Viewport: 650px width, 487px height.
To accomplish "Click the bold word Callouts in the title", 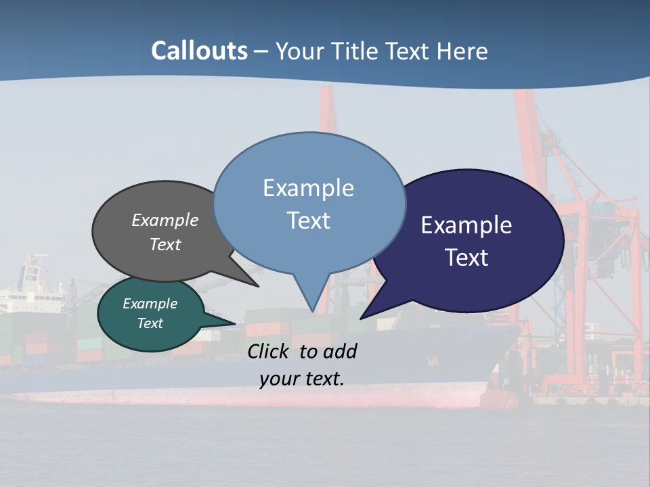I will (x=199, y=51).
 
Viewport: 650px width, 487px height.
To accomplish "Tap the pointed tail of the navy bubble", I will (x=364, y=316).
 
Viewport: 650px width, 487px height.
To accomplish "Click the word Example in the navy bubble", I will (x=467, y=225).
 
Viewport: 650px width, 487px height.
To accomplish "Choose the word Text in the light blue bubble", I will (x=309, y=221).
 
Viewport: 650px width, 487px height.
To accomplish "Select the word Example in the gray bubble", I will (x=165, y=220).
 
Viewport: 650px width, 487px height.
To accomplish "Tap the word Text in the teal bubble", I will (x=150, y=323).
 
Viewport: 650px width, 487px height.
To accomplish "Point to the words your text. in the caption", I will (x=302, y=379).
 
